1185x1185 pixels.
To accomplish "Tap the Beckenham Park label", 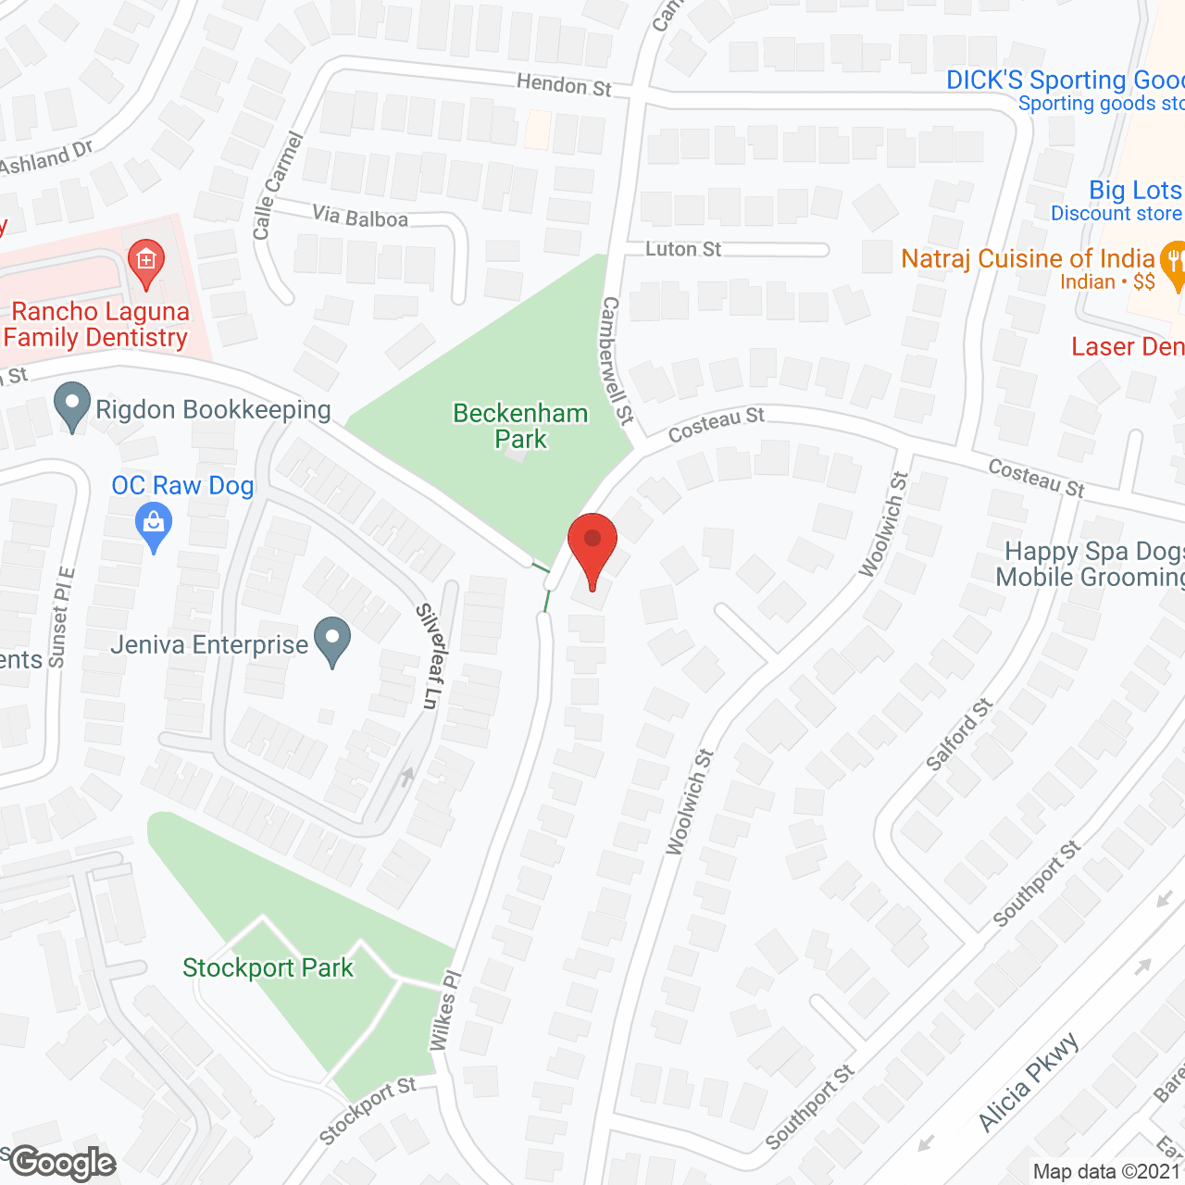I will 520,426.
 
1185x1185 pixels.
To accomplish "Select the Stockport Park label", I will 268,968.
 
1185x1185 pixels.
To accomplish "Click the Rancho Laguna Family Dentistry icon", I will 146,260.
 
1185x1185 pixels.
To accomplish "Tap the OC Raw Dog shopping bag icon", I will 154,528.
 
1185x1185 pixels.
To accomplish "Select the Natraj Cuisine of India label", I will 1028,259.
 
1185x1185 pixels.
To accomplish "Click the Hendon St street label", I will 564,85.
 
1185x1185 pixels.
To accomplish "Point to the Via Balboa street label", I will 360,218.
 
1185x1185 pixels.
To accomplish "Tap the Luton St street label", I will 683,249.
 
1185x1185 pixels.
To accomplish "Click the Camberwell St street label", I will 617,361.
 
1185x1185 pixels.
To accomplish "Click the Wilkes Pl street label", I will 444,1010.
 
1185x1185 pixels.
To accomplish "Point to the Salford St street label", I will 959,735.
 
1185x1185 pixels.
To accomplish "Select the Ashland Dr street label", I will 46,159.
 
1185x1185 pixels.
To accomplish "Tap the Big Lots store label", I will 1134,191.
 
